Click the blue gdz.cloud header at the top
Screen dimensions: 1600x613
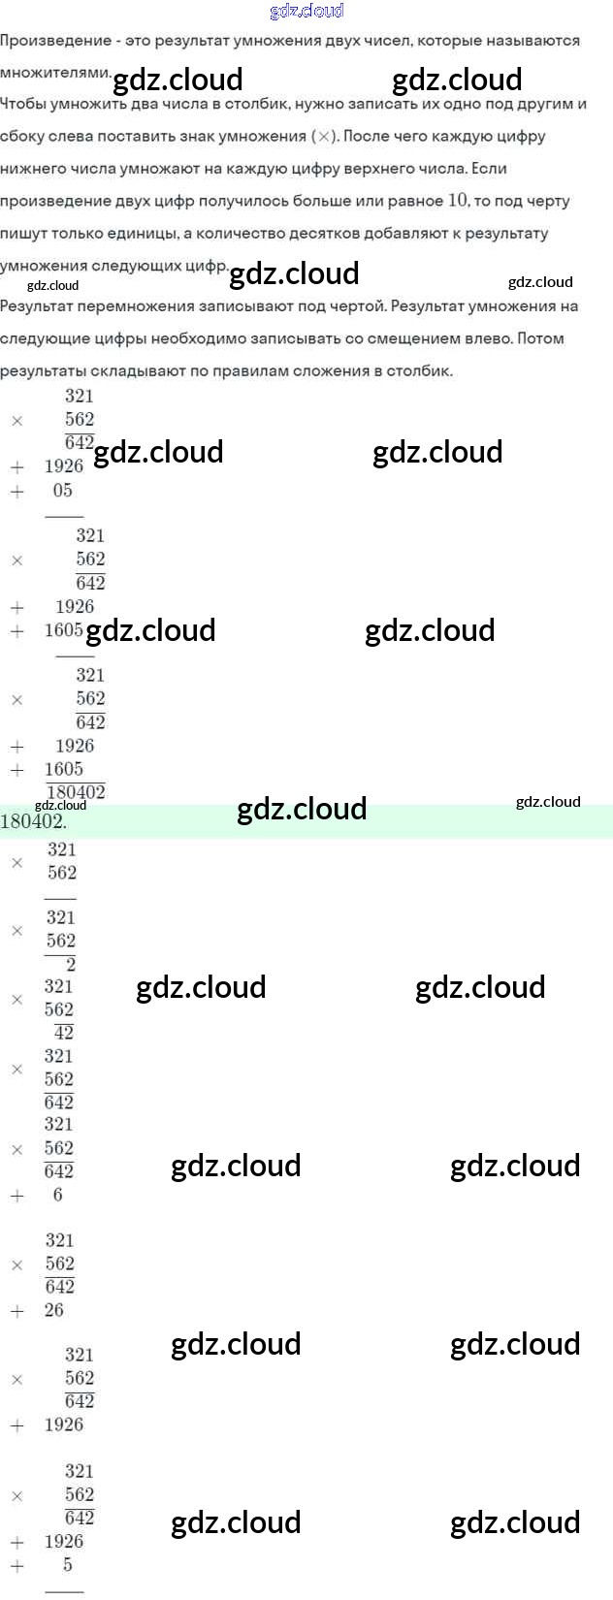coord(306,11)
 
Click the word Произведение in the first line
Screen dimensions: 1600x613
coord(57,41)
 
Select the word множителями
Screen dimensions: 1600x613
coord(55,73)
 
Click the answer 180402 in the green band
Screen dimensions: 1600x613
coord(32,821)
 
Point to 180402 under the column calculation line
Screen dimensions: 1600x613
coord(76,792)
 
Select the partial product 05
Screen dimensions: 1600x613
coord(63,491)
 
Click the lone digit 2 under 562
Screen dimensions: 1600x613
coord(70,964)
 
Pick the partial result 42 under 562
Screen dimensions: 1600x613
coord(64,1033)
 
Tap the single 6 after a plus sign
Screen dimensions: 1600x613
coord(57,1196)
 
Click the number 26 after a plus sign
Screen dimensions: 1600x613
coord(54,1310)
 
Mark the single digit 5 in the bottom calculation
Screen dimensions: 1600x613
coord(67,1564)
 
